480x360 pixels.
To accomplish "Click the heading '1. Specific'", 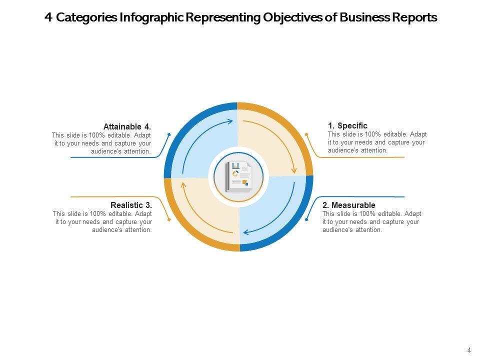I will [347, 126].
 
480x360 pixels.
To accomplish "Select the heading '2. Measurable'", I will [348, 205].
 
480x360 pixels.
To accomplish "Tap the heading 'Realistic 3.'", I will [131, 205].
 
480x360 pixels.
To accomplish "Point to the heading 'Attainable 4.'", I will [127, 127].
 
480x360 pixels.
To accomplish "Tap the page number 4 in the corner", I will [469, 350].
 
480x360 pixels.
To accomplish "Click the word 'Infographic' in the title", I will [152, 18].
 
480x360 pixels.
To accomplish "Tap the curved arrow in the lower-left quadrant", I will [197, 215].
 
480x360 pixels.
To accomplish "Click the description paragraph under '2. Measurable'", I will [371, 222].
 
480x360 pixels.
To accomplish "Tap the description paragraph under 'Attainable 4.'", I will [101, 143].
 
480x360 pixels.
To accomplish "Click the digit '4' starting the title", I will [48, 18].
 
